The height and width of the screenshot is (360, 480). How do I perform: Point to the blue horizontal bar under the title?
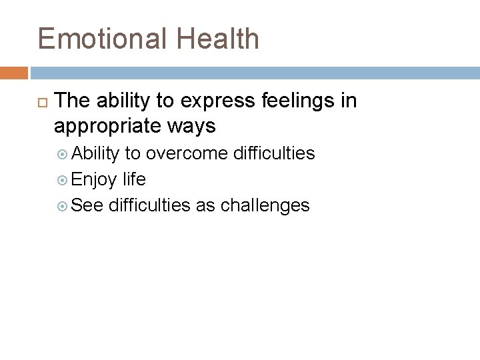tap(254, 72)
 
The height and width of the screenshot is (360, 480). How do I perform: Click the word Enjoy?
tap(95, 179)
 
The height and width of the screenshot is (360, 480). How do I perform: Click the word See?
tap(87, 205)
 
